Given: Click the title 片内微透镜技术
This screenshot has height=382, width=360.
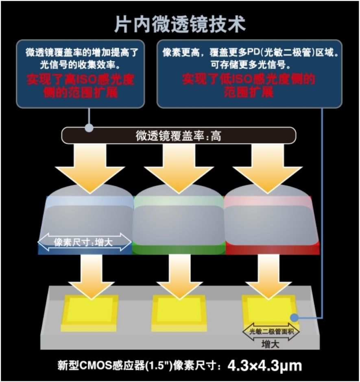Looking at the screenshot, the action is coord(180,24).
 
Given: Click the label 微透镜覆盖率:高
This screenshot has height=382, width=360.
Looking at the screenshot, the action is coord(178,136).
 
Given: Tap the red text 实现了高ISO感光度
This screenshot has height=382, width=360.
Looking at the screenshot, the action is coord(81,80).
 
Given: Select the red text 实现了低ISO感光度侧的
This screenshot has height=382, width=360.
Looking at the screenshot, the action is coord(249,79).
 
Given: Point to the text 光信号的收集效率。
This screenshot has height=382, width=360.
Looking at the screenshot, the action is coord(80,65).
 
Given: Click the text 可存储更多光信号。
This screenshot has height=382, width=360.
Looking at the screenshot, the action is coord(249,65).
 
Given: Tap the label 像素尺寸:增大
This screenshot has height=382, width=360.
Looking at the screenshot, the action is coord(83,242).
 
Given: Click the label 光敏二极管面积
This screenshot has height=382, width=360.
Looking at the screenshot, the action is coord(271,331).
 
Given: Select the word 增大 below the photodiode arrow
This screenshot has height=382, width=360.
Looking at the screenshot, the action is coord(270,344).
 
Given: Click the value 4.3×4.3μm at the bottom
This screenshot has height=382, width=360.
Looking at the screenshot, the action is coord(265,365).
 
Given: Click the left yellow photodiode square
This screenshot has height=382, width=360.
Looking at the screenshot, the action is coord(90,313).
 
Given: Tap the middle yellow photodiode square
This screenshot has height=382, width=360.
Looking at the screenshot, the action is coord(179,313).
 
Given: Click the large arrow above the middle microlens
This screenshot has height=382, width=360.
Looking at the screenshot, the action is coord(179,169).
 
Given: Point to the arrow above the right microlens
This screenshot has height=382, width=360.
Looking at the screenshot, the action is coord(268,169).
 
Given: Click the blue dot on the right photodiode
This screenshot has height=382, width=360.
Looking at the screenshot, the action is coord(295,317).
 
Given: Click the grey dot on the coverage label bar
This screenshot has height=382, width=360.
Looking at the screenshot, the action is coord(89,128).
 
